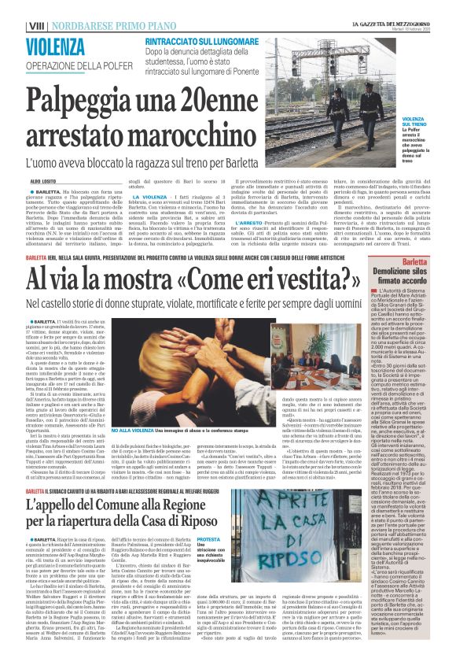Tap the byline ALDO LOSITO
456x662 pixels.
(x=44, y=181)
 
